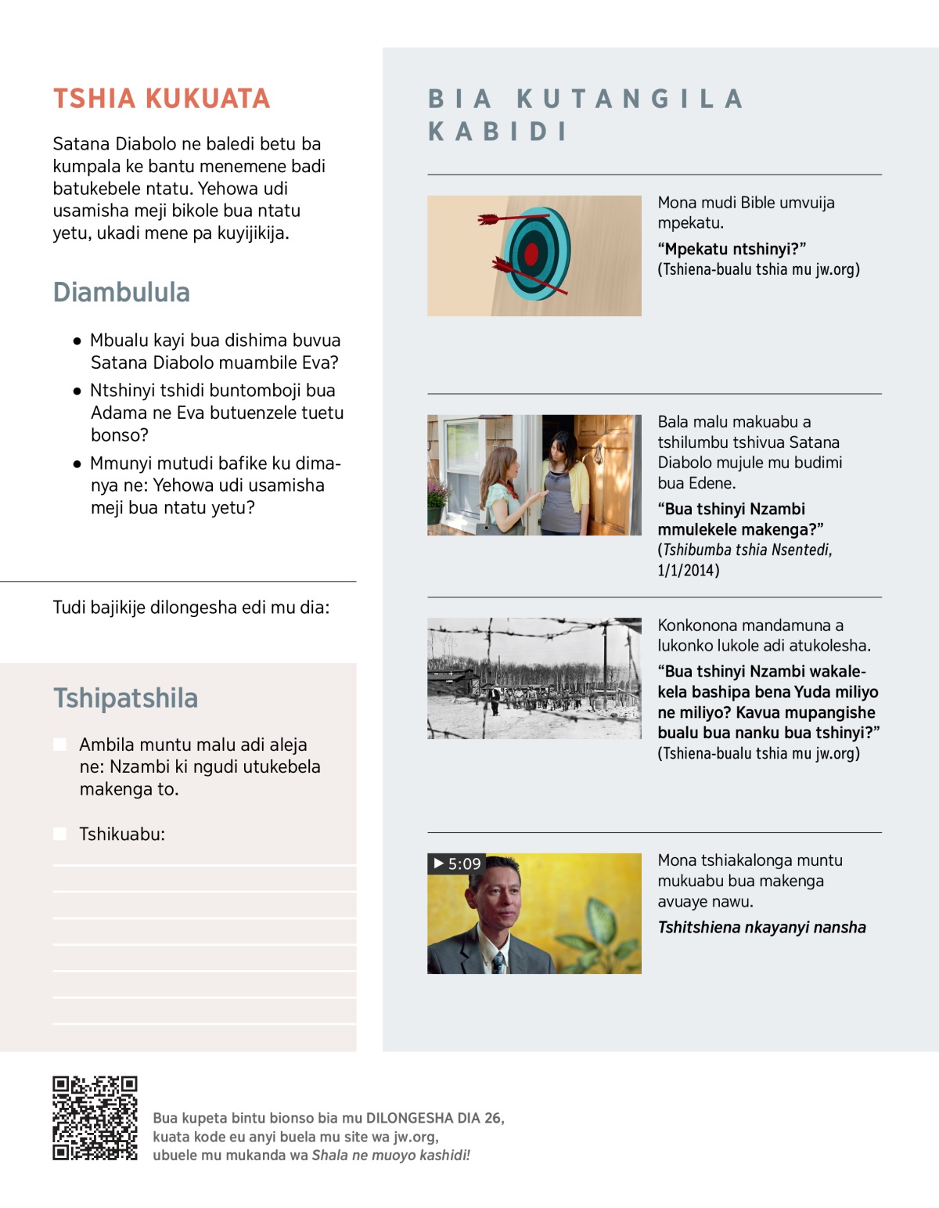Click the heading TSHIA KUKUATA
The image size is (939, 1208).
pyautogui.click(x=161, y=99)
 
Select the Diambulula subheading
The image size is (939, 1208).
pyautogui.click(x=121, y=292)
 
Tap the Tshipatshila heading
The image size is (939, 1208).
pyautogui.click(x=125, y=698)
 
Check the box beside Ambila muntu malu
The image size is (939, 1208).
pyautogui.click(x=59, y=745)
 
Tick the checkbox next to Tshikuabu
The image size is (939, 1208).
pyautogui.click(x=59, y=834)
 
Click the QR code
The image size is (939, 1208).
pyautogui.click(x=95, y=1118)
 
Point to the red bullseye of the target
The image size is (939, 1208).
pyautogui.click(x=531, y=254)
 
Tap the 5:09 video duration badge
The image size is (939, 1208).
pyautogui.click(x=457, y=864)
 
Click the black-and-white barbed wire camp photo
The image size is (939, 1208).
pyautogui.click(x=534, y=678)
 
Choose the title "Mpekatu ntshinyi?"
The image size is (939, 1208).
pyautogui.click(x=732, y=249)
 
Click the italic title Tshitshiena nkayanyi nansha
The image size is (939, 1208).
pyautogui.click(x=761, y=928)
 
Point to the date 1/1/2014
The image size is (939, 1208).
pyautogui.click(x=688, y=571)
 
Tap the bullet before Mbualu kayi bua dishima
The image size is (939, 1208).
pyautogui.click(x=77, y=341)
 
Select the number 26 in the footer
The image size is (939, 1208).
pyautogui.click(x=493, y=1118)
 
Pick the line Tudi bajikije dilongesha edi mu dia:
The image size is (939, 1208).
pyautogui.click(x=191, y=608)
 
